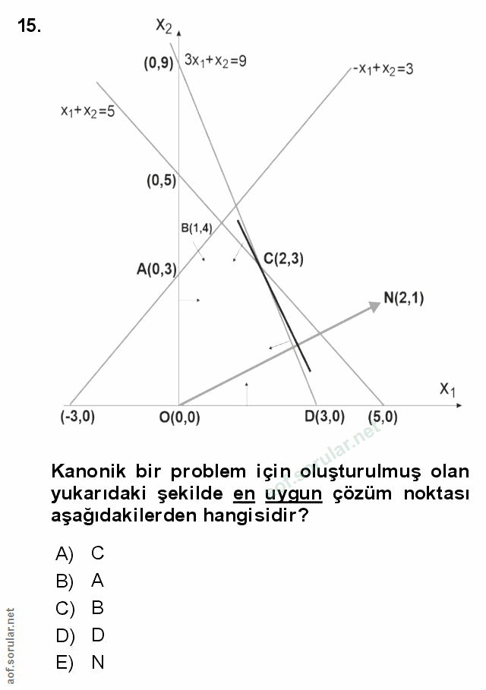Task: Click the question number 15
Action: [29, 26]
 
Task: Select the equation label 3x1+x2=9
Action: [215, 61]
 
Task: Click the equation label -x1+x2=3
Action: [383, 69]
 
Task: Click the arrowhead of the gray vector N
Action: [374, 305]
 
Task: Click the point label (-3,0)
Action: [77, 417]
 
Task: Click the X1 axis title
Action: [447, 389]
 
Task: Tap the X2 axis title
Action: [163, 27]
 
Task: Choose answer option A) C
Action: [80, 554]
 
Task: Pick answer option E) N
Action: [80, 663]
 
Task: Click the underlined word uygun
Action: [293, 494]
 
